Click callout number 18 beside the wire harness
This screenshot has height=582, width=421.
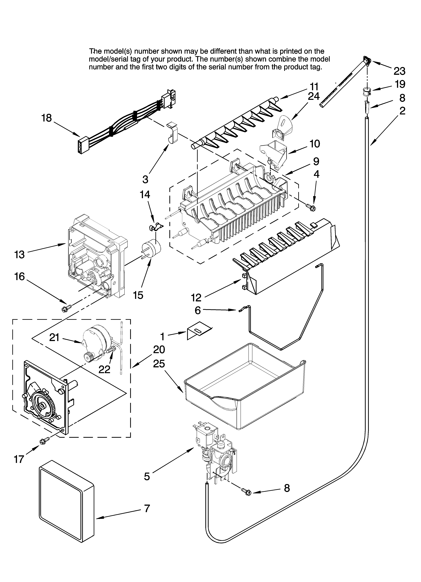pos(47,118)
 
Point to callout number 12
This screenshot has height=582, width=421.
pos(196,298)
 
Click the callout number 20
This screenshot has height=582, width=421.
pos(159,349)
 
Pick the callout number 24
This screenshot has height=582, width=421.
pos(314,96)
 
